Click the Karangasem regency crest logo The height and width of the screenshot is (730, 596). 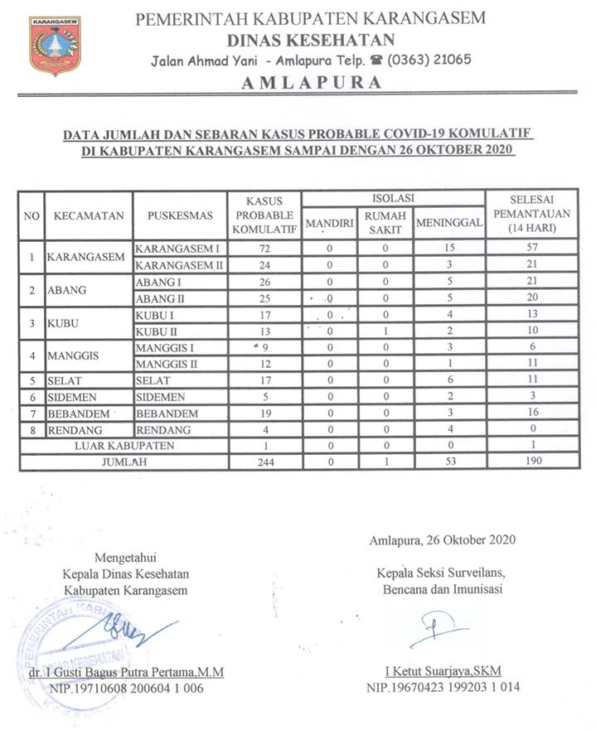(55, 46)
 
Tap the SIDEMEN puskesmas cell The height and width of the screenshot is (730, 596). (160, 397)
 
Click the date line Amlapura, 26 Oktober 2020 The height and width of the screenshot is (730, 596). (443, 539)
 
